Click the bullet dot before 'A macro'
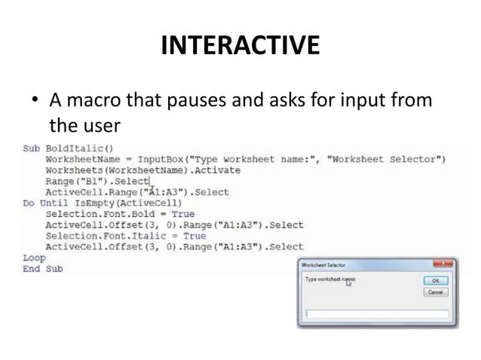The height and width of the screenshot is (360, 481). coord(34,100)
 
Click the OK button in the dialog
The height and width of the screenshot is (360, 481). coord(435,279)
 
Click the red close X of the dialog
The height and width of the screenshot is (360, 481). coord(443,264)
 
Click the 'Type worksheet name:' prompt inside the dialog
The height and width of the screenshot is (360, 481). coord(329,279)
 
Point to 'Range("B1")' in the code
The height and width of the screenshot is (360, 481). coord(72,181)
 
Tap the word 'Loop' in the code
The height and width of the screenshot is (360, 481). coord(34,258)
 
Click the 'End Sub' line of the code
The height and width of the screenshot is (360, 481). coord(42,268)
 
